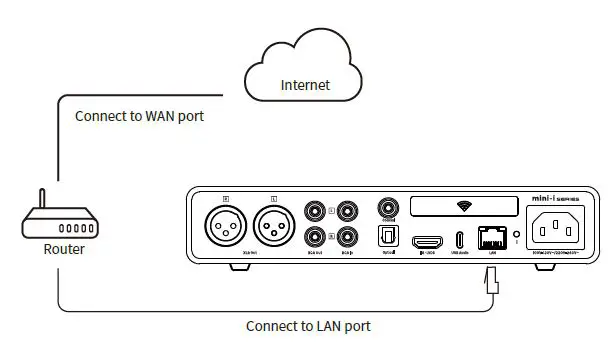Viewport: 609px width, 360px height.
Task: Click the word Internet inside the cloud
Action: click(x=305, y=86)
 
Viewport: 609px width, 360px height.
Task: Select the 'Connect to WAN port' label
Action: click(x=140, y=116)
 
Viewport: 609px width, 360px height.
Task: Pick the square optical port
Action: click(x=387, y=238)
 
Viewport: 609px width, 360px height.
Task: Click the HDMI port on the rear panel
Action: click(x=429, y=242)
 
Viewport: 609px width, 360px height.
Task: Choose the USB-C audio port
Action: click(x=460, y=241)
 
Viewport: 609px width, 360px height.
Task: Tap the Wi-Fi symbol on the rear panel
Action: click(x=463, y=206)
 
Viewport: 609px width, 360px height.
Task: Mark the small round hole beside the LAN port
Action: click(x=516, y=241)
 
